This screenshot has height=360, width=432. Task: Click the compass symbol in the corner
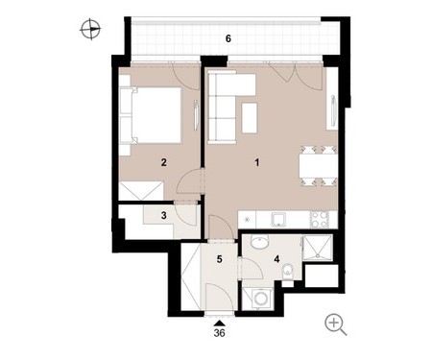[x=90, y=30]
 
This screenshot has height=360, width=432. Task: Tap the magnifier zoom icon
[x=335, y=324]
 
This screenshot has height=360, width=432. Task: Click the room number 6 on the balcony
[x=228, y=38]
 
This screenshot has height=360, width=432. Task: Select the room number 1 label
[x=256, y=162]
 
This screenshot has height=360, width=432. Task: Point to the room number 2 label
[x=164, y=162]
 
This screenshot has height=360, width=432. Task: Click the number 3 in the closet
[x=164, y=215]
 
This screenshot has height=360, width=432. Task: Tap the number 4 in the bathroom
[x=276, y=259]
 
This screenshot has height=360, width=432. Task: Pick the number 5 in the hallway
[x=219, y=259]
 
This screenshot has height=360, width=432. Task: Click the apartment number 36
[x=220, y=333]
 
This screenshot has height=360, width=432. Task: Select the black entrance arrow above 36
[x=219, y=324]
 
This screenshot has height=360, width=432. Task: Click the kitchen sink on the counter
[x=278, y=220]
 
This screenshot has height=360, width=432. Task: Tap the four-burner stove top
[x=320, y=220]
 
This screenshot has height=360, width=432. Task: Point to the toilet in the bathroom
[x=288, y=273]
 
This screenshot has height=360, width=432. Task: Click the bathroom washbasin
[x=260, y=242]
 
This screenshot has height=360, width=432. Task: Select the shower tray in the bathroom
[x=318, y=248]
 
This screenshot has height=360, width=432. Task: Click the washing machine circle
[x=260, y=300]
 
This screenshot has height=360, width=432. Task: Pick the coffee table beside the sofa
[x=250, y=118]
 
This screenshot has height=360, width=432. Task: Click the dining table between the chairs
[x=318, y=165]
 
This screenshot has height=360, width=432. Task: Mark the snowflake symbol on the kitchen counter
[x=248, y=220]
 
